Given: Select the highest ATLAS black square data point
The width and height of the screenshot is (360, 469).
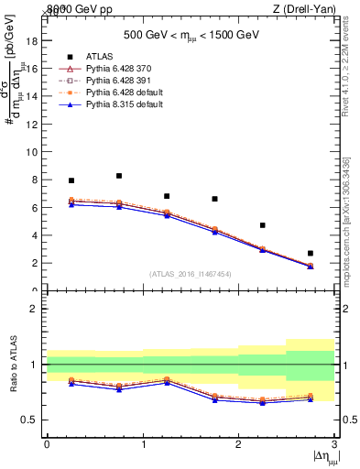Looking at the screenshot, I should tap(119, 176).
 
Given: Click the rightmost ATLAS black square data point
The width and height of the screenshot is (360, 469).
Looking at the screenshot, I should tap(311, 253).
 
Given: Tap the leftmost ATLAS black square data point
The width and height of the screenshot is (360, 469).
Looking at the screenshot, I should tap(71, 180).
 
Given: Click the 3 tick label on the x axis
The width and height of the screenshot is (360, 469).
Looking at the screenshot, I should tap(334, 444).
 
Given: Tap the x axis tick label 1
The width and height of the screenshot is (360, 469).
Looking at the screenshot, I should tap(143, 444).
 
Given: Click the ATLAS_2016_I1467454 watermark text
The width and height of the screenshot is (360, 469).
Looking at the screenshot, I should tap(190, 274).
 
